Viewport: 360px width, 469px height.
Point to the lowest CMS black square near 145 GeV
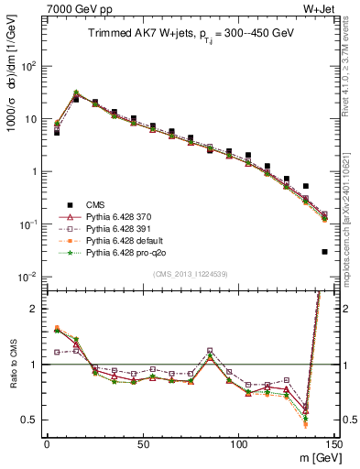(x=325, y=251)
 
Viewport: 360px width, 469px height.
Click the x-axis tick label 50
(x=142, y=444)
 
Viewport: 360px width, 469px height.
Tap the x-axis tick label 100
(x=238, y=444)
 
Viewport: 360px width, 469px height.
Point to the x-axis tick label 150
(x=333, y=444)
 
